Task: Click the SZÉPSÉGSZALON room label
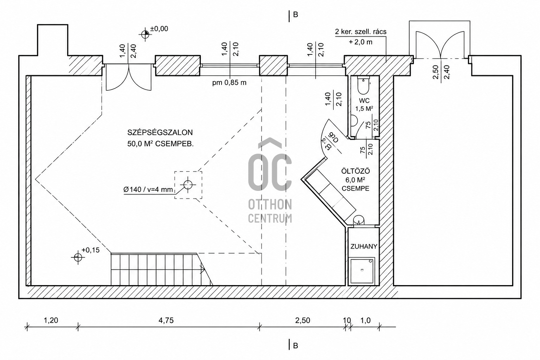click(x=160, y=133)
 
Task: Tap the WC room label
click(x=364, y=101)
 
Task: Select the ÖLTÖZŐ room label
click(x=355, y=171)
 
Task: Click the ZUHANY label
click(x=364, y=246)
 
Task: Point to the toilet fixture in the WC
click(x=363, y=85)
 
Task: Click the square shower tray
click(x=362, y=271)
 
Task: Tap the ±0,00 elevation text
click(x=159, y=29)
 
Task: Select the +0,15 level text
click(x=90, y=250)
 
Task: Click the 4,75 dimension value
click(x=166, y=321)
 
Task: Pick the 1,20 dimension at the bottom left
click(x=51, y=321)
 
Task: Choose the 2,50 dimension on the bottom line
click(x=303, y=321)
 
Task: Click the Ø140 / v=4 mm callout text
click(x=148, y=189)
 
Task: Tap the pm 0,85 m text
click(x=229, y=83)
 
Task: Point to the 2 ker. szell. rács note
click(x=361, y=32)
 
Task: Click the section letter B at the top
click(x=296, y=15)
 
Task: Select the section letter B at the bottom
click(x=296, y=346)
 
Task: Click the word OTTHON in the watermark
click(x=270, y=205)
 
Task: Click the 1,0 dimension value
click(x=366, y=321)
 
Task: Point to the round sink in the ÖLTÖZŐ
click(x=359, y=220)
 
